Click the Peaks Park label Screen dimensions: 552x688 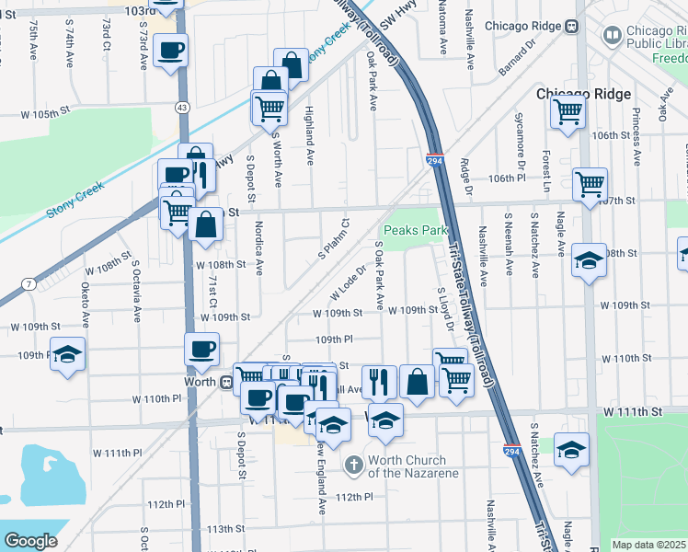pyautogui.click(x=408, y=230)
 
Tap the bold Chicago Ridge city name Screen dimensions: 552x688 pyautogui.click(x=583, y=94)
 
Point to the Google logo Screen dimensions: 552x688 pyautogui.click(x=29, y=540)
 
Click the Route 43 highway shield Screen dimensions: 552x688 pyautogui.click(x=184, y=109)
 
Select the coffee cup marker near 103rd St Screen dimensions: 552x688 pyautogui.click(x=170, y=51)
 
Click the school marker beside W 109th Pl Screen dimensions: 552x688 pyautogui.click(x=67, y=354)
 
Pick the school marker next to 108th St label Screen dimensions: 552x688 pyautogui.click(x=589, y=260)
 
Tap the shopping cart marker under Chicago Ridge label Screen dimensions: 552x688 pyautogui.click(x=568, y=112)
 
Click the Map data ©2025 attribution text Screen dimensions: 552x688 pyautogui.click(x=648, y=545)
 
